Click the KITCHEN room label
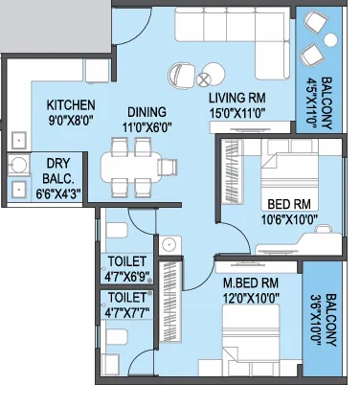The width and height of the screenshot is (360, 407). (x=71, y=105)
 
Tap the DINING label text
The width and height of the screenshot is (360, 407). (x=146, y=112)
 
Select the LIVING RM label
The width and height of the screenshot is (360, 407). (x=237, y=98)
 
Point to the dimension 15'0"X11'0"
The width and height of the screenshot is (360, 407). (x=237, y=113)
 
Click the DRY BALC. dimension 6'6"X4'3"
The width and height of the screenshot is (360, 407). (x=58, y=193)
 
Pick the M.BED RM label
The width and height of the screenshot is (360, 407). (x=251, y=283)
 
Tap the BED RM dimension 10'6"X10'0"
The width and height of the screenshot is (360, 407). (x=289, y=219)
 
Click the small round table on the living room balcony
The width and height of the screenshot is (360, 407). (x=331, y=39)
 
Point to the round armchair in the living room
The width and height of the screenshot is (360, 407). (x=181, y=75)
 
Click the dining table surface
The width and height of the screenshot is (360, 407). (x=131, y=168)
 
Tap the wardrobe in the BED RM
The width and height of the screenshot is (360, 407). (x=233, y=171)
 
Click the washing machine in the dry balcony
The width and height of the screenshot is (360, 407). (x=18, y=164)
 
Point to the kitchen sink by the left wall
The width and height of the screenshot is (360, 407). (x=19, y=141)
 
